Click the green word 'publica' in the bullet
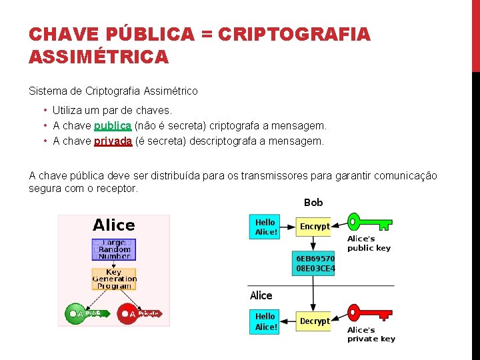click(113, 125)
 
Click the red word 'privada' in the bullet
click(113, 141)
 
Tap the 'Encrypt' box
click(314, 227)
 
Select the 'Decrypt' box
click(314, 321)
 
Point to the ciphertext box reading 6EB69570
click(315, 263)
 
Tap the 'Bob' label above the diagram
click(313, 202)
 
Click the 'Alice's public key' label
click(369, 243)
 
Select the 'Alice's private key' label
click(371, 334)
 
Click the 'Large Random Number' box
click(114, 249)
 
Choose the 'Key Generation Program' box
click(114, 279)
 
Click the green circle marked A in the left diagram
click(73, 313)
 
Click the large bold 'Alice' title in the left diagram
click(114, 225)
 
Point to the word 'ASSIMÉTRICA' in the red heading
click(99, 57)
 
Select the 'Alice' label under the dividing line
click(261, 295)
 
